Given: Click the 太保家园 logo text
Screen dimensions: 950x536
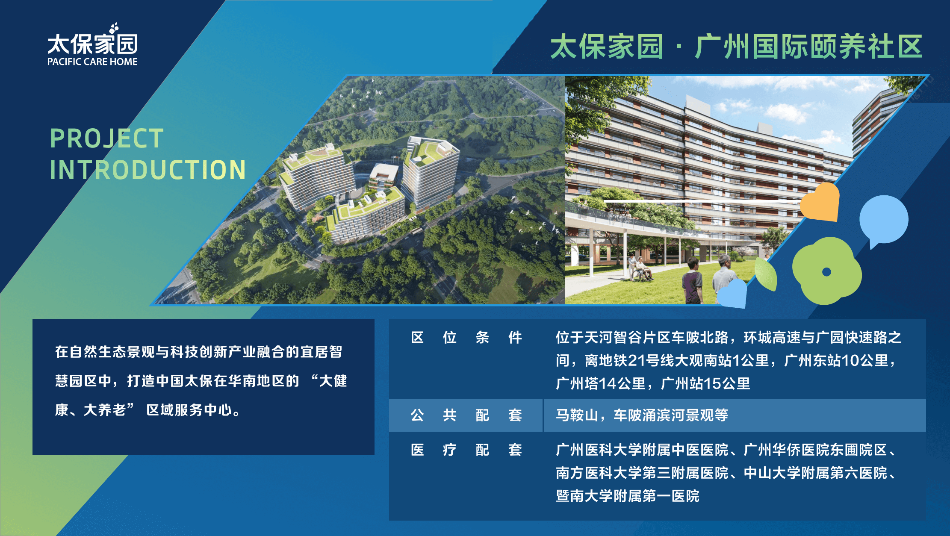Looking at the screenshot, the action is click(x=92, y=44).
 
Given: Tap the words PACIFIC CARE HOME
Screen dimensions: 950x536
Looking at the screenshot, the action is click(x=92, y=62).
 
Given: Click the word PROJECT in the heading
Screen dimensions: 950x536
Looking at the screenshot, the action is click(x=107, y=138).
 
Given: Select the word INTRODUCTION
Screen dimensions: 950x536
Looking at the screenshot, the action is click(x=148, y=170).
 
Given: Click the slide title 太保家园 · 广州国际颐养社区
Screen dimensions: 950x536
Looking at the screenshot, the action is click(x=736, y=47).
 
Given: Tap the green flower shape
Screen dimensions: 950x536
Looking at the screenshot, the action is click(x=826, y=271).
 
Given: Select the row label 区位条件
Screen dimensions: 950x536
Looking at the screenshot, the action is click(x=466, y=338).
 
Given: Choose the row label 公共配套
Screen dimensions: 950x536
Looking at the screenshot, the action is click(x=466, y=415).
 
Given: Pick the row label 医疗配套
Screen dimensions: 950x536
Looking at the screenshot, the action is click(x=466, y=450).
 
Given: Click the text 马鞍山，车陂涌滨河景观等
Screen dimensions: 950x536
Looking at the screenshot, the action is click(x=642, y=415).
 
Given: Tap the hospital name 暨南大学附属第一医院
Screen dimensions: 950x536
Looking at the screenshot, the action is click(x=627, y=496).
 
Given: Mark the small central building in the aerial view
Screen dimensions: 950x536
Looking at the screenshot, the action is click(x=384, y=175).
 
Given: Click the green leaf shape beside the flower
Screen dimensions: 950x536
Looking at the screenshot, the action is click(x=766, y=274).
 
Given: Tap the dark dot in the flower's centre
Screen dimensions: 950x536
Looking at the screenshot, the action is click(x=826, y=272).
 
